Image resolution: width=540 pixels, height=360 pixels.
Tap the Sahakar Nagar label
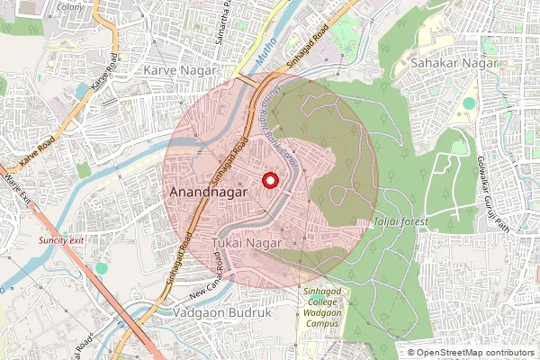click(x=443, y=64)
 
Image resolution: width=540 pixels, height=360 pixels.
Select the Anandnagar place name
click(x=204, y=193)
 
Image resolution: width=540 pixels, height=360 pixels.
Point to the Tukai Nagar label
click(x=247, y=244)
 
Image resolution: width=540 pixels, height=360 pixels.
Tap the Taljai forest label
click(x=401, y=221)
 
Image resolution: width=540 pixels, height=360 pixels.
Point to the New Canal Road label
click(x=212, y=288)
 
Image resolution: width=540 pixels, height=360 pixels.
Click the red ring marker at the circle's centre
click(x=269, y=181)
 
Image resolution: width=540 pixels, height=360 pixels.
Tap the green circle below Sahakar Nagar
click(x=468, y=103)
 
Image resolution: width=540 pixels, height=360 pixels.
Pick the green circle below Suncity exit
click(x=102, y=268)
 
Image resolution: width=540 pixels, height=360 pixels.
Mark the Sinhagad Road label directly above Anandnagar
click(x=230, y=160)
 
